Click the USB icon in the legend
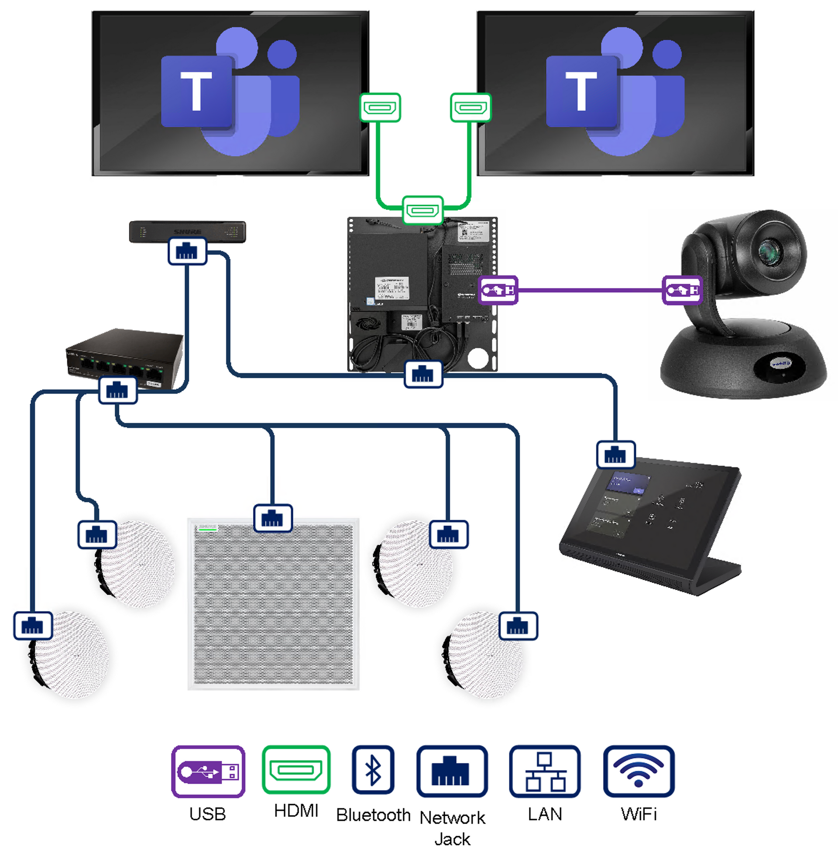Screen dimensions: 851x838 point(208,772)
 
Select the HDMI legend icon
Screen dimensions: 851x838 point(296,769)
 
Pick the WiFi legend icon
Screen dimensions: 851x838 point(639,771)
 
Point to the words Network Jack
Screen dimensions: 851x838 point(452,828)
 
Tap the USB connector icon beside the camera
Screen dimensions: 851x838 point(682,290)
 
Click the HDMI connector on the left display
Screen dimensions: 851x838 point(380,107)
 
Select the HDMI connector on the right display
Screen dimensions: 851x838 point(471,107)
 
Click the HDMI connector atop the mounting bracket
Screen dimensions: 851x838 point(422,210)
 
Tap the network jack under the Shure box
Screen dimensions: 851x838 point(187,252)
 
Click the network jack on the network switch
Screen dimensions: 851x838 point(117,390)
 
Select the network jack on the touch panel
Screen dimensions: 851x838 point(615,455)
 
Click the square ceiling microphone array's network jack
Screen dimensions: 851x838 point(273,518)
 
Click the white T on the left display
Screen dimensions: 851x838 point(196,91)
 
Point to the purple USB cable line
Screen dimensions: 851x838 point(590,290)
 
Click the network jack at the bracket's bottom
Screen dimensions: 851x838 point(423,374)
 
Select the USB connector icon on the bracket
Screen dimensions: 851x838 point(498,290)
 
